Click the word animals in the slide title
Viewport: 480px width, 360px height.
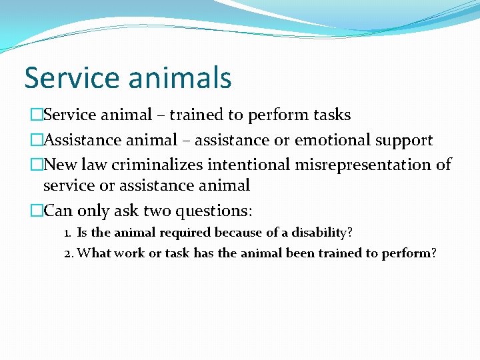click(180, 77)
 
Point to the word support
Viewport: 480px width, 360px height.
click(404, 140)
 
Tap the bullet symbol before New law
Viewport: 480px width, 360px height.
click(36, 165)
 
